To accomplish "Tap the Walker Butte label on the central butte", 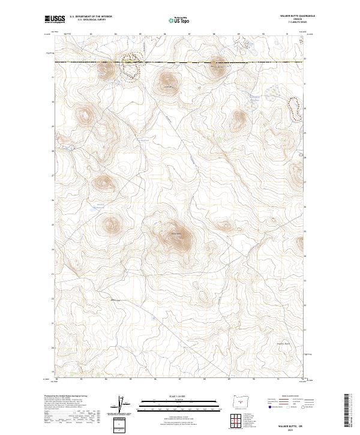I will point(176,233).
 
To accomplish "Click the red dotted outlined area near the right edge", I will point(294,107).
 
